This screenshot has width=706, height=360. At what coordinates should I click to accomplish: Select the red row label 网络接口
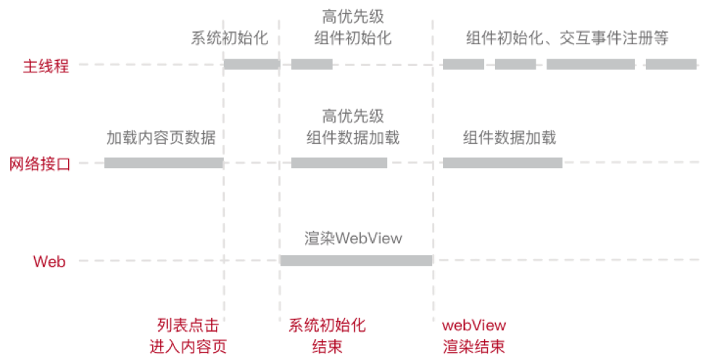tap(40, 164)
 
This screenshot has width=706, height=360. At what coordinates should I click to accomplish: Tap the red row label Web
tap(49, 261)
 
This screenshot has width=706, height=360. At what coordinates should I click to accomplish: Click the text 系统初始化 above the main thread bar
tap(230, 38)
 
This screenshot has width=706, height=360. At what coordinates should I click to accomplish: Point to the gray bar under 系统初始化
tap(251, 64)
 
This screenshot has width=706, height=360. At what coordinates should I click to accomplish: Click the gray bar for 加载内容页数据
tap(163, 163)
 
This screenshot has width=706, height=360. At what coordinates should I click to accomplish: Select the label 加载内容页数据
tap(161, 138)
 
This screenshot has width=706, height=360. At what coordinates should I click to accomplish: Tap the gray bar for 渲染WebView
tap(356, 261)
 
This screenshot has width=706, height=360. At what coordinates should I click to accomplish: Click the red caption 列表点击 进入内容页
tap(188, 335)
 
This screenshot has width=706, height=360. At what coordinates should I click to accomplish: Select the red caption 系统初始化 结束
tap(327, 335)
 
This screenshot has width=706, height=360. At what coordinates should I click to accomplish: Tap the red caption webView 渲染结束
tap(474, 335)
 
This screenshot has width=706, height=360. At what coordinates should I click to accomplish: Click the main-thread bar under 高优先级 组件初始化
tap(312, 64)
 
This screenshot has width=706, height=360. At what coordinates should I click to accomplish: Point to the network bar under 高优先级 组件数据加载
tap(339, 163)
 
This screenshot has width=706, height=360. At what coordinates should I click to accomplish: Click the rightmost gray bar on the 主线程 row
tap(670, 64)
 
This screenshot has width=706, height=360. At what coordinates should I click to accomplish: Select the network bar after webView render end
tap(502, 163)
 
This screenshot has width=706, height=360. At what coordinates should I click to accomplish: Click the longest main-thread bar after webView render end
tap(590, 64)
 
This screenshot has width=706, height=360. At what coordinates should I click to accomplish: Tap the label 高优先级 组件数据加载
tap(353, 127)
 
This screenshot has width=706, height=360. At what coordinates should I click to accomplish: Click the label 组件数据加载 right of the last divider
tap(510, 138)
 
